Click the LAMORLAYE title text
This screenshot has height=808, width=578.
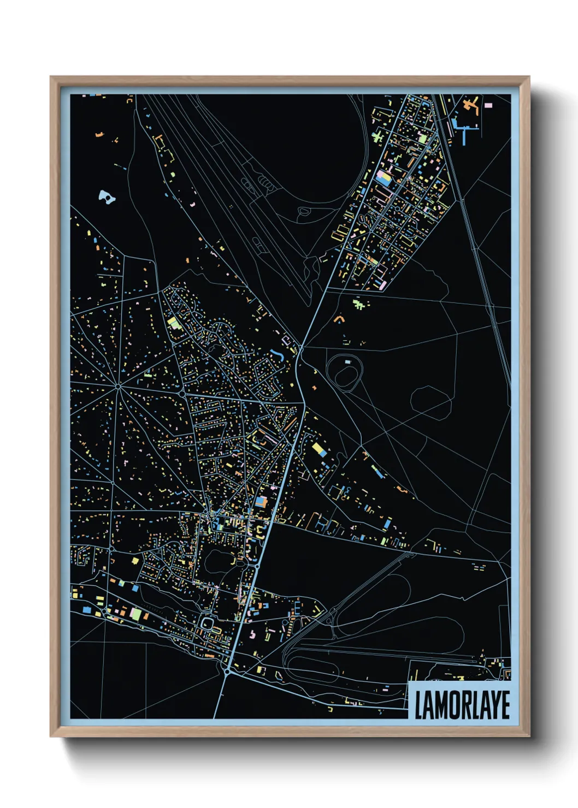(x=462, y=705)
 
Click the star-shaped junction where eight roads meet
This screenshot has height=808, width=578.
(x=118, y=387)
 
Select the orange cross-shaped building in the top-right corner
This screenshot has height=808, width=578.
(x=470, y=104)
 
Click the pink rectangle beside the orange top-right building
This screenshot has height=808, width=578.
(x=488, y=105)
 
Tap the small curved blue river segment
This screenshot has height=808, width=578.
(x=278, y=355)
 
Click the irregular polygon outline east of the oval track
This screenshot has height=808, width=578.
(x=431, y=402)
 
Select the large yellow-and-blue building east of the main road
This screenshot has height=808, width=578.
(x=319, y=450)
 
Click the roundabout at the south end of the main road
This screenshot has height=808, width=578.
(x=227, y=672)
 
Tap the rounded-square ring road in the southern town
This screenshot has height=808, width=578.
(x=209, y=622)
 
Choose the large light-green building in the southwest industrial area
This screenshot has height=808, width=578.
(x=135, y=614)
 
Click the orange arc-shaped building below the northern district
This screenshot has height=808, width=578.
(x=339, y=318)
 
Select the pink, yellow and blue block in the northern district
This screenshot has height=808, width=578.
(x=384, y=177)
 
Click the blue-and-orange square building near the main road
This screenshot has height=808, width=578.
(x=261, y=501)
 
